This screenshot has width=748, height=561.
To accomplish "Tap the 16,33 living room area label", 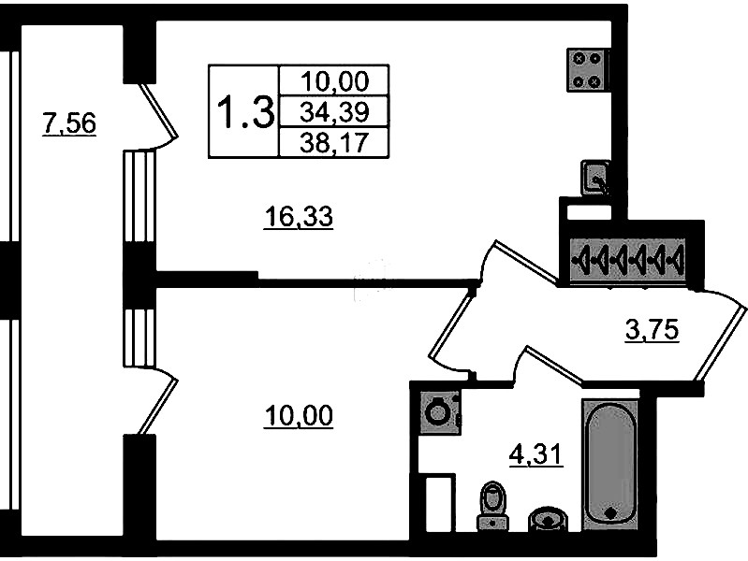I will pos(299,218).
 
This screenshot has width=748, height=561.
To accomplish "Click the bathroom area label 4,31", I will pos(535,458).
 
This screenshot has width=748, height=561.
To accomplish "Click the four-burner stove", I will pos(588,68).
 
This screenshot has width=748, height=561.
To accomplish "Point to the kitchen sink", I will pos(594,178).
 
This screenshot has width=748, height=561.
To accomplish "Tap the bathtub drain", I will pos(610,513).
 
